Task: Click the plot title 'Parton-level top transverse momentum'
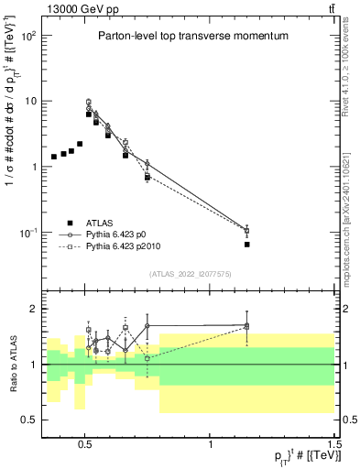click(192, 36)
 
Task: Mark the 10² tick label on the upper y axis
click(27, 36)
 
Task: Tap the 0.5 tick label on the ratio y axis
click(27, 420)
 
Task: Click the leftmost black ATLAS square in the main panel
click(54, 157)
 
